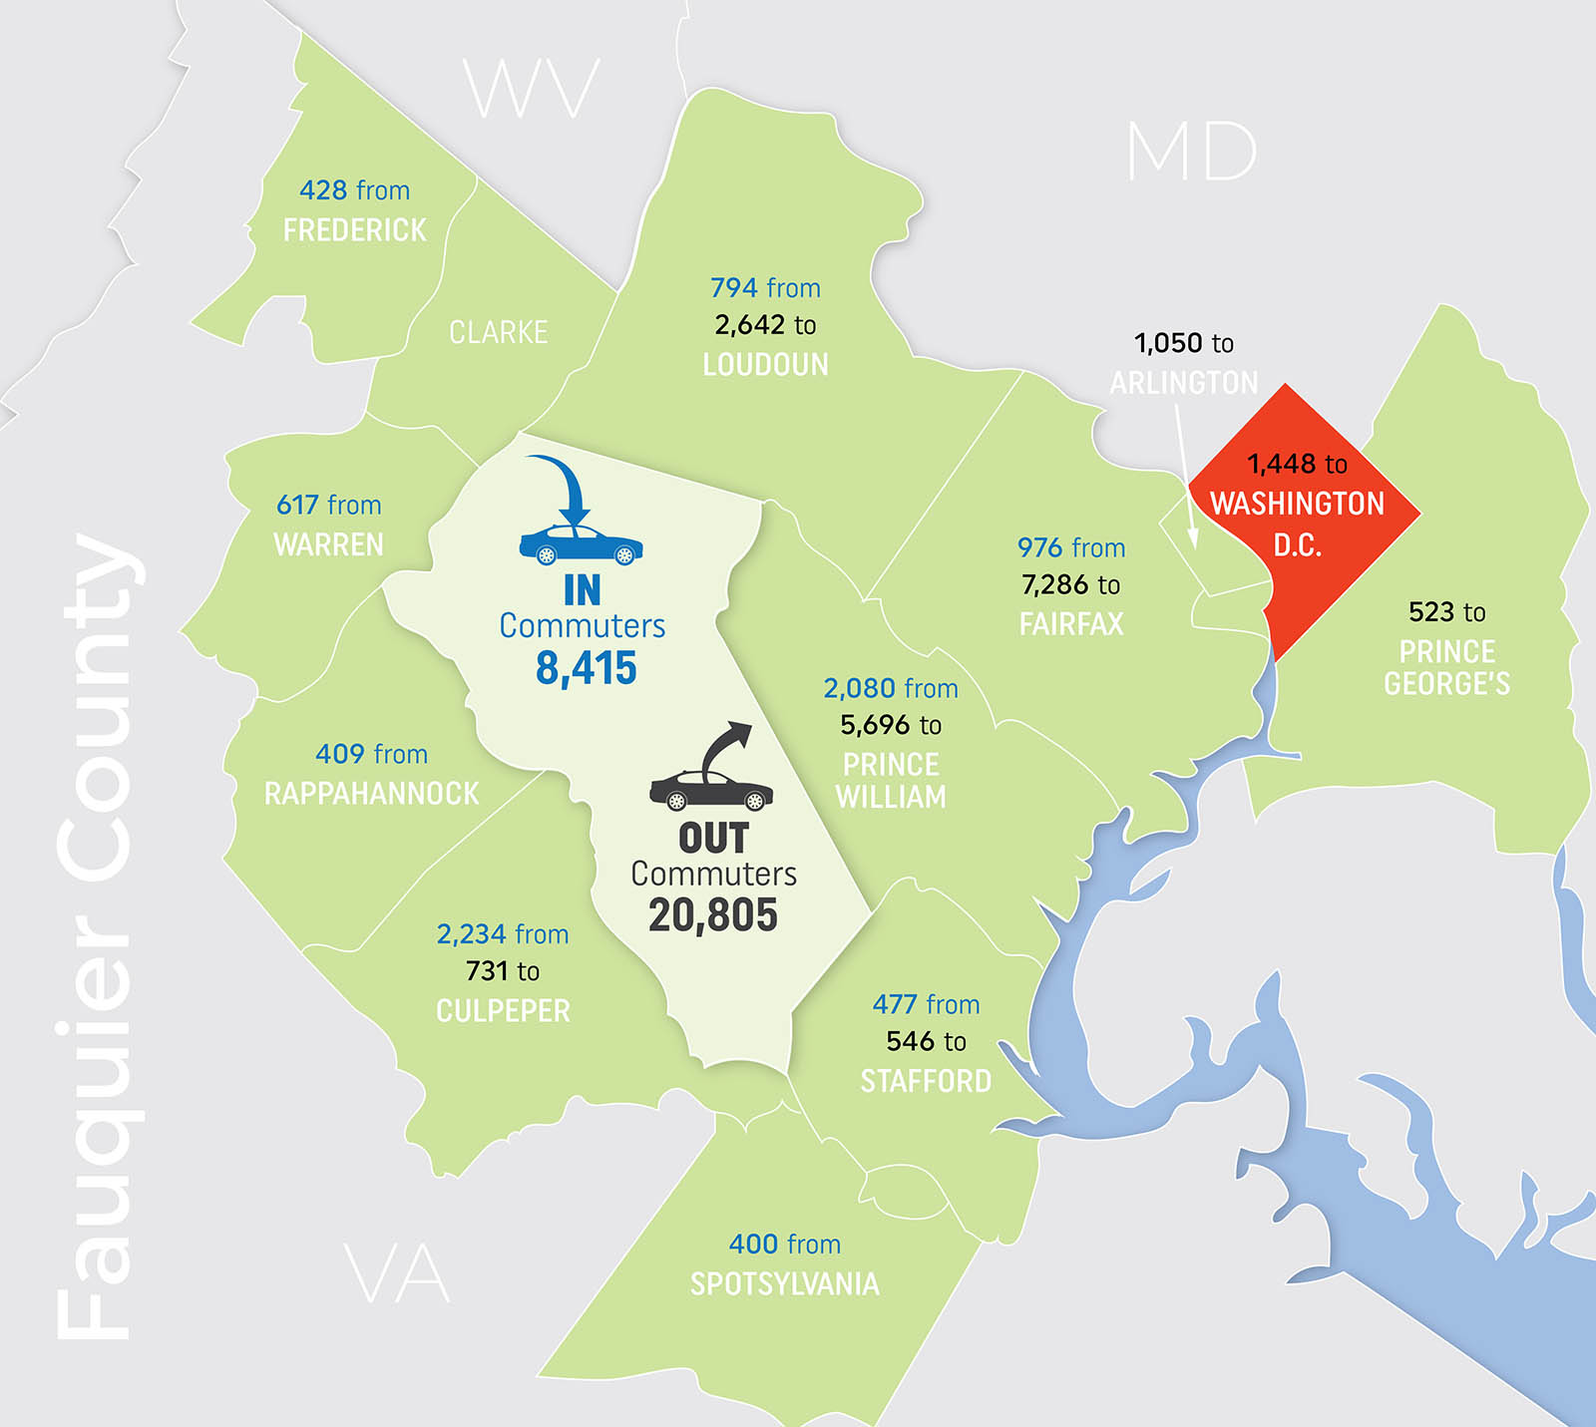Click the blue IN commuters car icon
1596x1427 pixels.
point(581,545)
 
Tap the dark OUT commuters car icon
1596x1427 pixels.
point(711,790)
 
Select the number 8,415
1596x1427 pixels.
point(586,668)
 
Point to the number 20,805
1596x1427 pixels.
point(712,914)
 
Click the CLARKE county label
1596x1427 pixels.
point(498,332)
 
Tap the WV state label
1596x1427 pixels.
point(531,89)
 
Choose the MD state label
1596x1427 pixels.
point(1191,153)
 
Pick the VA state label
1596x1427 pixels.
point(397,1274)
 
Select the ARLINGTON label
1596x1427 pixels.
point(1184,383)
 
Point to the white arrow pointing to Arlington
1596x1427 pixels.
point(1186,479)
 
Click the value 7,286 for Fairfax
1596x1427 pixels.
point(1056,585)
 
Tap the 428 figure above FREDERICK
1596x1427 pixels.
point(323,190)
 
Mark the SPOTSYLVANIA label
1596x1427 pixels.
point(784,1283)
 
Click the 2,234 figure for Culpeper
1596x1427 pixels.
point(471,934)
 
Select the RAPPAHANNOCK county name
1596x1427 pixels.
point(371,794)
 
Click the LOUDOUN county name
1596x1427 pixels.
point(765,365)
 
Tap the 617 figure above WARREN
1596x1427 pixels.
point(297,506)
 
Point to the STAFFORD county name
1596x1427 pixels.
point(926,1081)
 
